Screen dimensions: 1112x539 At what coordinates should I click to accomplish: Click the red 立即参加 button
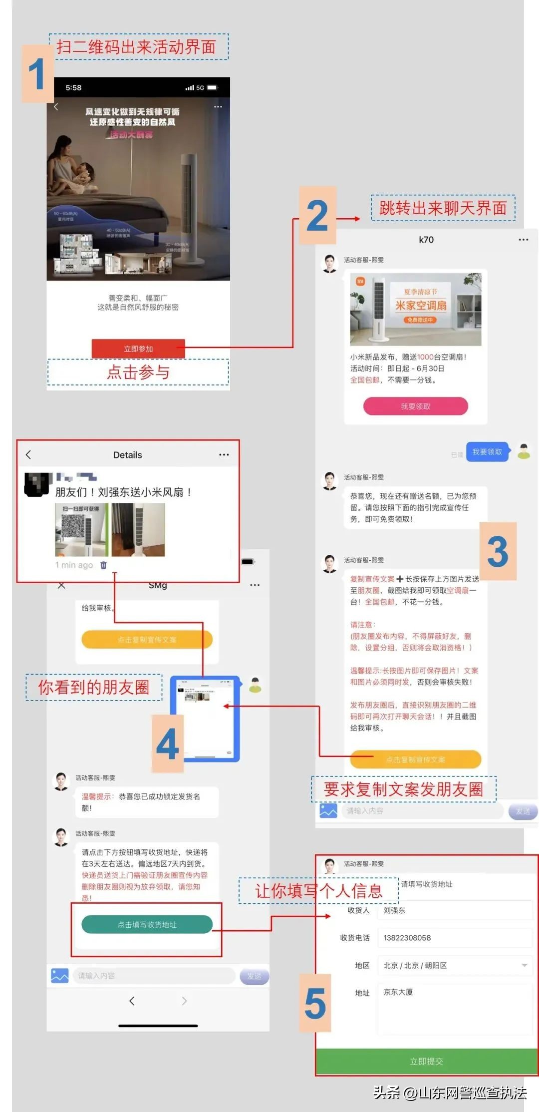coord(138,349)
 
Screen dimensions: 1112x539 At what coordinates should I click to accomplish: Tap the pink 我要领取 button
coord(415,406)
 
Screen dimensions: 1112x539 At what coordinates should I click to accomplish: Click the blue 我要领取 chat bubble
coord(487,452)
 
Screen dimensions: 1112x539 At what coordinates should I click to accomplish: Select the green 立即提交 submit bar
coord(426,1061)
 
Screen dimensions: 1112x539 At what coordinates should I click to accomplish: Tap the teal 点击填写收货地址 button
coord(147,925)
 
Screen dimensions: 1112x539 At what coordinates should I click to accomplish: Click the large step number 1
coord(37,74)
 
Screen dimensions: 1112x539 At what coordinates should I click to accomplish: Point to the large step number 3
coord(497,552)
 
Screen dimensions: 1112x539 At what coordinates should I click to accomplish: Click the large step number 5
coord(315,1003)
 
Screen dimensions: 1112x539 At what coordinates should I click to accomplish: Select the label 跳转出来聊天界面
coord(443,208)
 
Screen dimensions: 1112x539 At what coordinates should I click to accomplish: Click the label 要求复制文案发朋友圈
coord(403,789)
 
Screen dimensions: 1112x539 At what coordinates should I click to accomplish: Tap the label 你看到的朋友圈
coord(94,688)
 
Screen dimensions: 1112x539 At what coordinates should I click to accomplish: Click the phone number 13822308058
coord(407,938)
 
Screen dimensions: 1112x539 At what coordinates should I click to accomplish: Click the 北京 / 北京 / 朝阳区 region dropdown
coord(454,965)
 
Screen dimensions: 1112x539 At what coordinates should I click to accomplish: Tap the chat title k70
coord(426,240)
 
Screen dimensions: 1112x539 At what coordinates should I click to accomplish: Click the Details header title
coord(127,455)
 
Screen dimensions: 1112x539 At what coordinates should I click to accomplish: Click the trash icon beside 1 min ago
coord(103,565)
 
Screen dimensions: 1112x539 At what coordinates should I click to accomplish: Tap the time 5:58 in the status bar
coord(73,88)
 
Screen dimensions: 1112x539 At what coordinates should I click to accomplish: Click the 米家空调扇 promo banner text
coord(421,305)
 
